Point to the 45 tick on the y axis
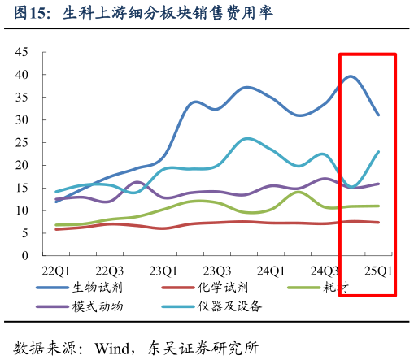click(22, 52)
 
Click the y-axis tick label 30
click(22, 119)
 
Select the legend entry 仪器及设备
click(229, 306)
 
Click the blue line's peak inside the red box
click(351, 76)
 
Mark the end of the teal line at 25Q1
click(378, 152)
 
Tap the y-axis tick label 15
click(22, 188)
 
